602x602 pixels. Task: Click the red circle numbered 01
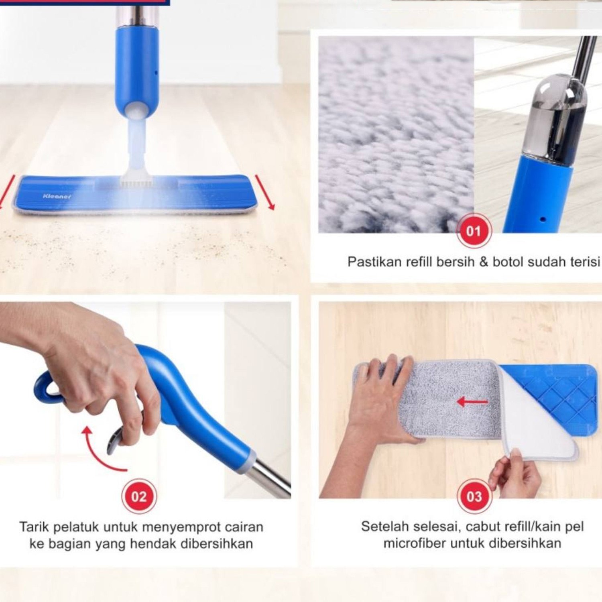pos(474,231)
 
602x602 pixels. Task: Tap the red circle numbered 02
pos(139,496)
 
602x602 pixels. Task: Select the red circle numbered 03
pos(474,496)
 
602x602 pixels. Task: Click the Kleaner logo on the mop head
pos(57,196)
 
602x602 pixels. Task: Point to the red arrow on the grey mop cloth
pos(472,401)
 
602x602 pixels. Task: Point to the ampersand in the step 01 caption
pos(484,262)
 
